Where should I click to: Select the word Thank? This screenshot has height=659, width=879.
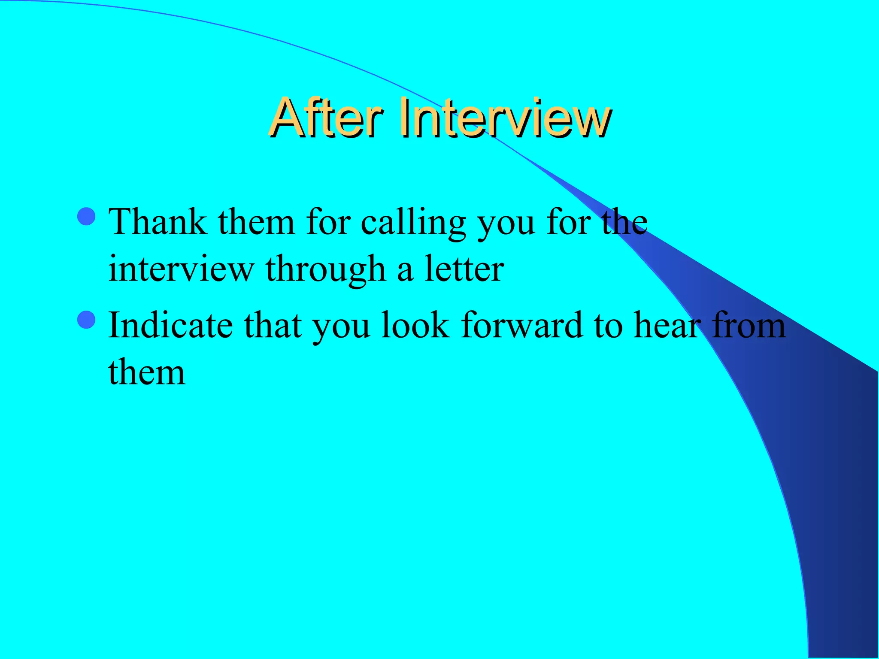pyautogui.click(x=158, y=222)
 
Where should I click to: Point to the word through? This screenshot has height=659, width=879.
pyautogui.click(x=326, y=269)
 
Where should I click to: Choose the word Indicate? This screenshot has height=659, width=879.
pyautogui.click(x=170, y=325)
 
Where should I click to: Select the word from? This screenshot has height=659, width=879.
pyautogui.click(x=749, y=325)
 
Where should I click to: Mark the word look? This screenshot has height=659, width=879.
pyautogui.click(x=415, y=325)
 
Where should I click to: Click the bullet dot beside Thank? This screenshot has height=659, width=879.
pyautogui.click(x=87, y=216)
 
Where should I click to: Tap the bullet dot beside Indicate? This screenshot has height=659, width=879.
pyautogui.click(x=87, y=320)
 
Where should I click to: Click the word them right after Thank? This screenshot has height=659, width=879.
pyautogui.click(x=256, y=222)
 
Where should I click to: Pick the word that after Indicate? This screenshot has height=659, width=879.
pyautogui.click(x=273, y=325)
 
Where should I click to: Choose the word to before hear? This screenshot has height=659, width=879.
pyautogui.click(x=608, y=326)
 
